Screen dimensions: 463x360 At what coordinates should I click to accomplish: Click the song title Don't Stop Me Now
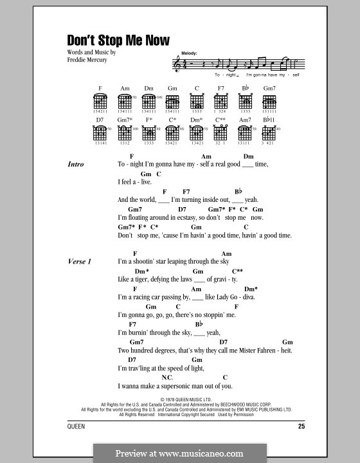click(118, 41)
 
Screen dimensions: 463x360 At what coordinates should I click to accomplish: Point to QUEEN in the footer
click(75, 427)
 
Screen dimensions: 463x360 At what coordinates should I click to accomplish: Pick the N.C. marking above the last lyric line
click(167, 377)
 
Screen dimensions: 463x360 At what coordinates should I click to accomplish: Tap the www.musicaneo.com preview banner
click(179, 452)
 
